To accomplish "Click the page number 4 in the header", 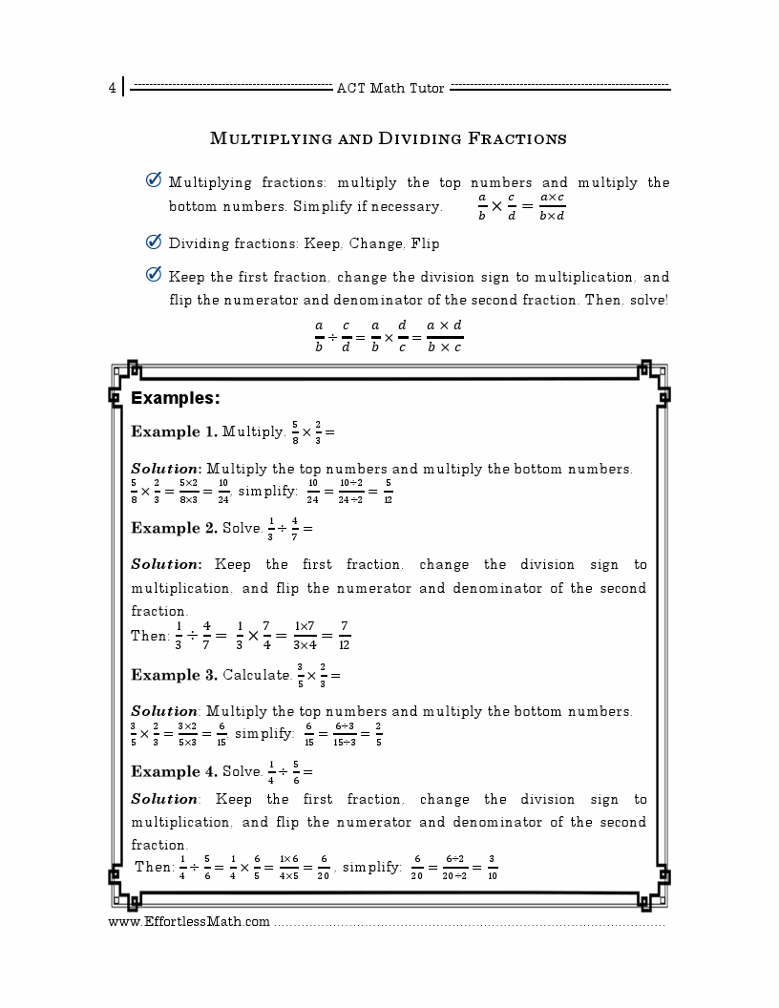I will coord(112,89).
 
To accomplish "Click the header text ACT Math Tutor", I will coord(390,89).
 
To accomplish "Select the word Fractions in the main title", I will coord(517,139).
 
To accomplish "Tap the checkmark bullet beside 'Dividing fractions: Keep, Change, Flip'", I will coord(153,242).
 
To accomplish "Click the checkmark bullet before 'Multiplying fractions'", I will coord(153,181).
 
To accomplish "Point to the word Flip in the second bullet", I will coord(425,243).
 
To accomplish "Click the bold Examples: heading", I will coord(176,398).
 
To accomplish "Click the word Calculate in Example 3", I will coord(257,675).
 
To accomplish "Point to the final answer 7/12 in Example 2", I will coord(345,635).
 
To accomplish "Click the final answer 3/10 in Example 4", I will coord(492,868).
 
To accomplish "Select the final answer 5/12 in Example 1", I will coord(389,492).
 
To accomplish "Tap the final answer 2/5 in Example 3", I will coord(379,734).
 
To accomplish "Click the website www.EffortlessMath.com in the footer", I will coord(189,922).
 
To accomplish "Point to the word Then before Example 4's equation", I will coord(153,867).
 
